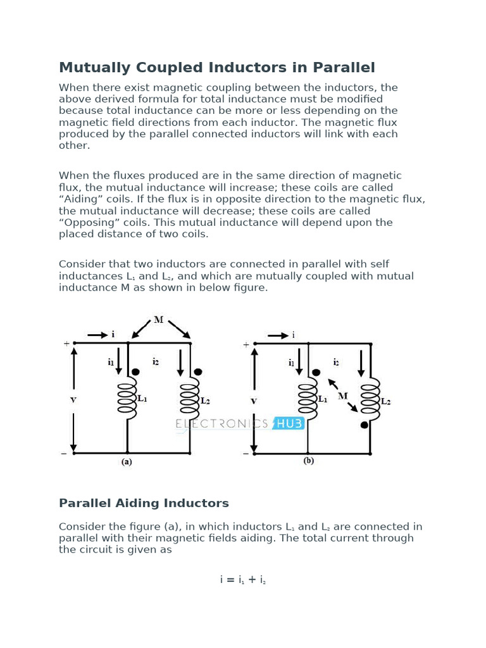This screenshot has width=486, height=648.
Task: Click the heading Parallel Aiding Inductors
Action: click(144, 503)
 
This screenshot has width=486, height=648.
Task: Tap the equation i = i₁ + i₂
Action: click(243, 579)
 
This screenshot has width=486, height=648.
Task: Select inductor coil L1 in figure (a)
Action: click(127, 399)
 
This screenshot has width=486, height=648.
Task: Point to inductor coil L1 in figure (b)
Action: click(308, 399)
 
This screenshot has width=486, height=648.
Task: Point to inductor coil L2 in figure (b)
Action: click(370, 399)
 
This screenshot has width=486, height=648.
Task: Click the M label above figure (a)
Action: click(159, 320)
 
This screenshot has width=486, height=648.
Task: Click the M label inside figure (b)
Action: click(343, 396)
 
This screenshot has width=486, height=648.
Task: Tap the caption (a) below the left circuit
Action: click(127, 462)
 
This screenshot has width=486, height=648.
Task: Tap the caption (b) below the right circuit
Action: click(308, 461)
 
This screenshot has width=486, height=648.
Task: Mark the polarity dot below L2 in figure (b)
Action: click(364, 425)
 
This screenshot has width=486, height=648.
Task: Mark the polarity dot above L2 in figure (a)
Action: click(198, 372)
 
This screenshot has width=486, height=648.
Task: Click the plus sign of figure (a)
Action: click(66, 344)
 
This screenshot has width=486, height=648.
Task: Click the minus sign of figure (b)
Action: click(247, 453)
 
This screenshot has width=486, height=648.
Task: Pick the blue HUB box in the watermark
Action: click(289, 423)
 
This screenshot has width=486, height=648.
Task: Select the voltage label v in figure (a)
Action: click(74, 399)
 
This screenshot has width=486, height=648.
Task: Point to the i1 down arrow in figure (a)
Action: click(118, 362)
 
